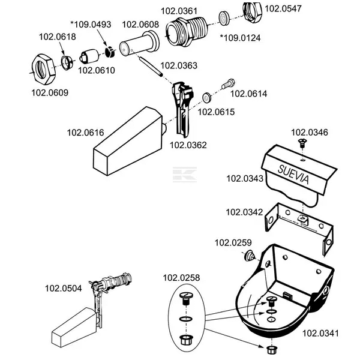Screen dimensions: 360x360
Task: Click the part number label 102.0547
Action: point(283,8)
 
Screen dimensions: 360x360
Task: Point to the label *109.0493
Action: point(90,24)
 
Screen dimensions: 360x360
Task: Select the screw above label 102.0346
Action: point(302,143)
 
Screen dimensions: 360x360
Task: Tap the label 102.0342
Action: point(244,212)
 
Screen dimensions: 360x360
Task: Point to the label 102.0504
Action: point(63,287)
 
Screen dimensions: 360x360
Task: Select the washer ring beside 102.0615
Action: point(206,97)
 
